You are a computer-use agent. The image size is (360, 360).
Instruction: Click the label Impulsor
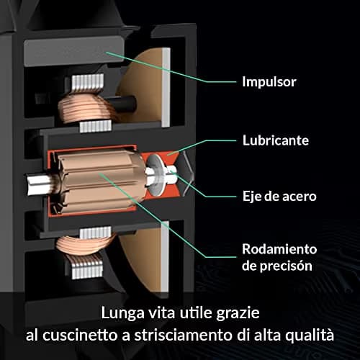coord(269,82)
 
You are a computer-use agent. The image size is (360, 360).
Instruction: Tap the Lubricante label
coord(276,140)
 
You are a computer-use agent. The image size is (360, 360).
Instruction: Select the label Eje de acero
coord(279,197)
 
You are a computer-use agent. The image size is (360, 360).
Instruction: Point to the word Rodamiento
coord(279,249)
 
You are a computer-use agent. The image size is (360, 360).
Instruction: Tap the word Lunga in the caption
coord(122,313)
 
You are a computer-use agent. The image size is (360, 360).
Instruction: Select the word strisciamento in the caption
coord(184,335)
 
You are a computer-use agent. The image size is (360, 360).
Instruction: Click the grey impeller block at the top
coord(74,52)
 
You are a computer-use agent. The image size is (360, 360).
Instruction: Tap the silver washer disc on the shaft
coord(156,174)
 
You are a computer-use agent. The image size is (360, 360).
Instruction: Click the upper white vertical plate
coord(166,88)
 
